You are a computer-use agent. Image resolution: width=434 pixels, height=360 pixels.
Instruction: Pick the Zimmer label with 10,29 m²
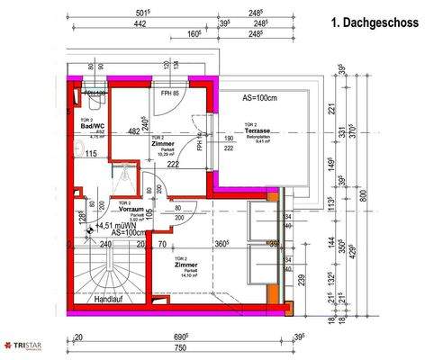(163, 143)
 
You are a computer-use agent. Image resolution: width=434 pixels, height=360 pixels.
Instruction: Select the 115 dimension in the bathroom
(90, 154)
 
